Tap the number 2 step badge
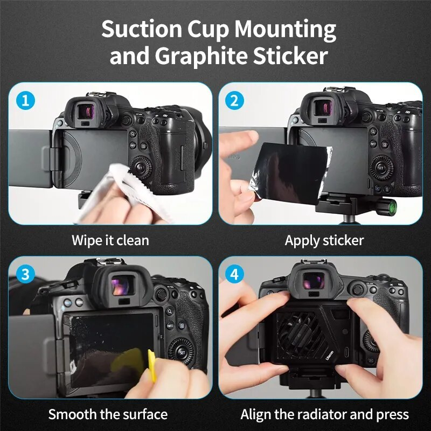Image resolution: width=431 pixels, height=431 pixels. (233, 100)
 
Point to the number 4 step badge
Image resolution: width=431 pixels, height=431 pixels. (233, 274)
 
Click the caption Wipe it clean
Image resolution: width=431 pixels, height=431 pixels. (110, 240)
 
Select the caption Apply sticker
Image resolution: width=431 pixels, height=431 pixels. (324, 240)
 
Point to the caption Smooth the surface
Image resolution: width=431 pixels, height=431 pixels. (108, 414)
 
